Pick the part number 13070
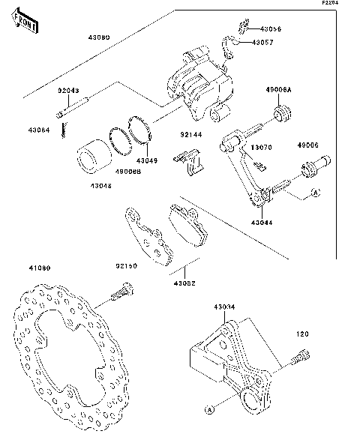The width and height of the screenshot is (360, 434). pos(260,148)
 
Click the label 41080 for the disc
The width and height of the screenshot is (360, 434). pos(40,267)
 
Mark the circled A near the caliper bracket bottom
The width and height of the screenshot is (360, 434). pos(209,410)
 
